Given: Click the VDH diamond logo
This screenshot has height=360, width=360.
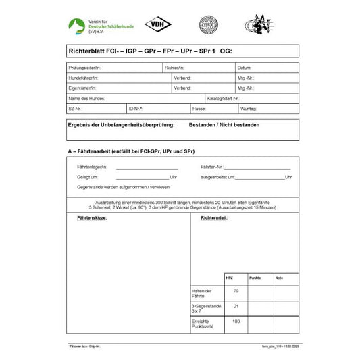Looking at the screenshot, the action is (158, 24).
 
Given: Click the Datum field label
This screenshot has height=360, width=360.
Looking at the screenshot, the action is (245, 68).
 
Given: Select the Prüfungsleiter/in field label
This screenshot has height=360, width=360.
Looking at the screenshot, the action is (84, 68).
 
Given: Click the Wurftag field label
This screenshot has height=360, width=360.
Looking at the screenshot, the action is (249, 108).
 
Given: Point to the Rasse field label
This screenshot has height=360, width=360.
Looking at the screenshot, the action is (199, 108).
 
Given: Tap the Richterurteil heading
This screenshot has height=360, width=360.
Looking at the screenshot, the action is (205, 219).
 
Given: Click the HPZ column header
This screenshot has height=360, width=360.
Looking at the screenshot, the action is (228, 278).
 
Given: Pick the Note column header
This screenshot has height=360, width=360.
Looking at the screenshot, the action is (280, 278).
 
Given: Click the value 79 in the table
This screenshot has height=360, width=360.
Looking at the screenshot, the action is (236, 290).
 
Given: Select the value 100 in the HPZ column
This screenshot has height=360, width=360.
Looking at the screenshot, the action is (236, 322).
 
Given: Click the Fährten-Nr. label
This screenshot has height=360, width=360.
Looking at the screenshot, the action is (212, 166).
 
